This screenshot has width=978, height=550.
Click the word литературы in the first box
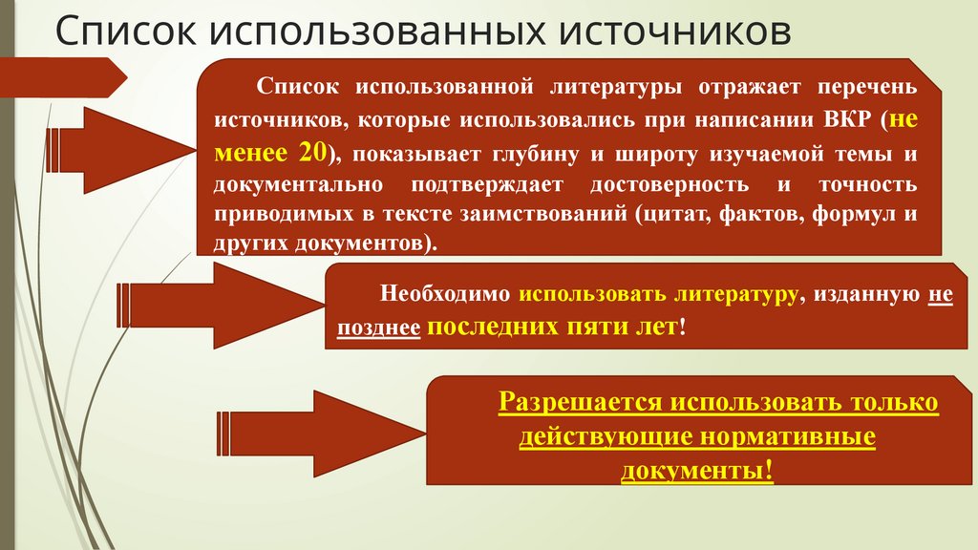[615, 88]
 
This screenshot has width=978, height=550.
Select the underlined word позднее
[378, 328]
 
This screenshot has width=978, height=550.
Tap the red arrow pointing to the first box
[134, 137]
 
